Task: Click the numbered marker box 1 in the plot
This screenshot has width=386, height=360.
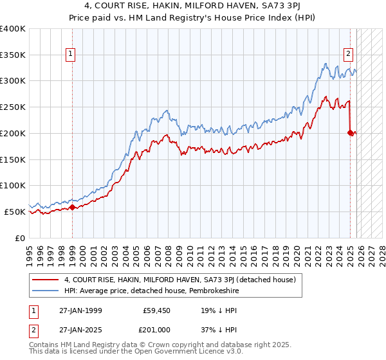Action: click(70, 54)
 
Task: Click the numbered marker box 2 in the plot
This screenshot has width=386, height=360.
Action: click(348, 54)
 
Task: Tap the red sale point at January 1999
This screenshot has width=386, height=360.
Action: click(72, 207)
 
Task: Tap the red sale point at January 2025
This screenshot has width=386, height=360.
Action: click(351, 133)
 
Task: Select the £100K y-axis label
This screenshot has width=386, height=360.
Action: click(13, 185)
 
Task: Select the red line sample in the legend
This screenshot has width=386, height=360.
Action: click(45, 280)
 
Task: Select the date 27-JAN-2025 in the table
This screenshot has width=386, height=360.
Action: click(80, 330)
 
